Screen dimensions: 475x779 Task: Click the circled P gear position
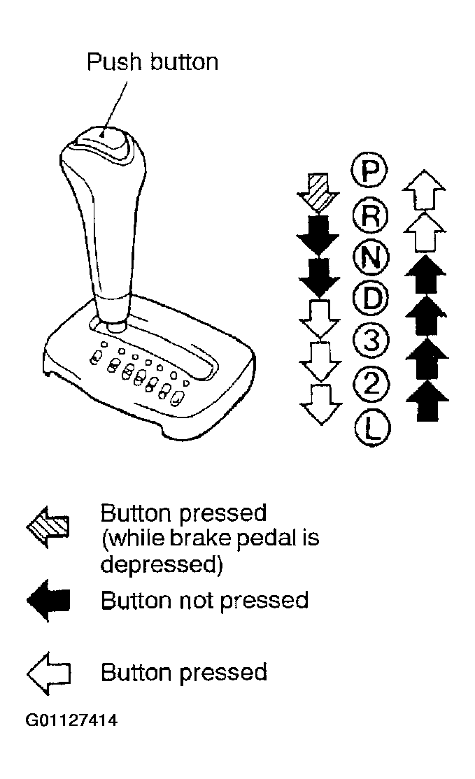pos(369,171)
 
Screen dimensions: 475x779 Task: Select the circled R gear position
pos(369,215)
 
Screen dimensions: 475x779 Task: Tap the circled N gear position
pos(371,258)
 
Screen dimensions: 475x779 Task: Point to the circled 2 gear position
pos(371,383)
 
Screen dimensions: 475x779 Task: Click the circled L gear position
pos(373,427)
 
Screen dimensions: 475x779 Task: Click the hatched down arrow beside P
pos(318,194)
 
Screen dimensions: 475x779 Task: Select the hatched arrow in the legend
pos(48,527)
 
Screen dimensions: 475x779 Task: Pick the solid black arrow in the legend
pos(48,601)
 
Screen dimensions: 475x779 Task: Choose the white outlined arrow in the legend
pos(49,673)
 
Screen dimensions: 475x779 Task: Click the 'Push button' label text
pos(153,62)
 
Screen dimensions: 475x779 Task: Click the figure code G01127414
pos(71,720)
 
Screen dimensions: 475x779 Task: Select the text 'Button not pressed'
pos(205,601)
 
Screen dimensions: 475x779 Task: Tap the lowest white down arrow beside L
pos(321,404)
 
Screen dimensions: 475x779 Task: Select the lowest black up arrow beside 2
pos(427,401)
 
